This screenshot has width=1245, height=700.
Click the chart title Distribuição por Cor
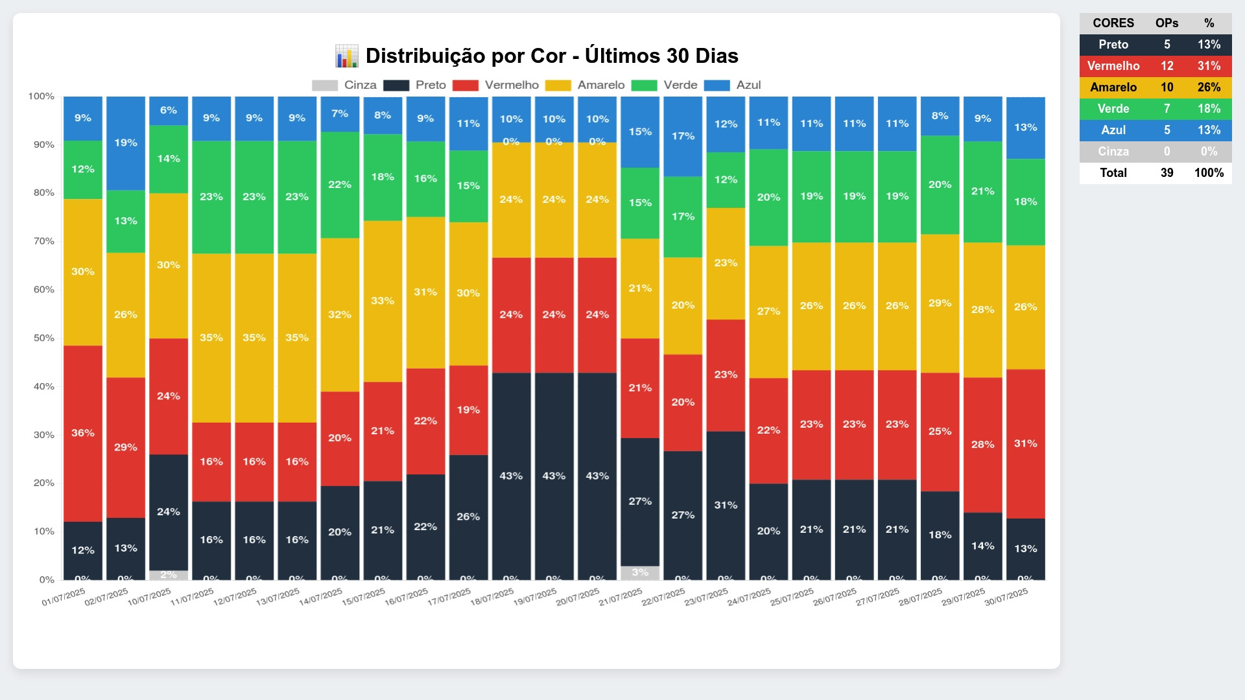tap(551, 56)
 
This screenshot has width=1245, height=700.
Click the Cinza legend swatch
tap(325, 86)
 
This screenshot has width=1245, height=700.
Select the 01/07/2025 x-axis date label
tap(64, 597)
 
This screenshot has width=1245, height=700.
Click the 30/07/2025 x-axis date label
tap(1006, 597)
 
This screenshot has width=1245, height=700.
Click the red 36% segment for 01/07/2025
tap(83, 433)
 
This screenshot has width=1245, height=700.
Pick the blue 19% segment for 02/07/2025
tap(126, 143)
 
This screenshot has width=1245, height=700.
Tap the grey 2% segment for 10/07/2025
tap(169, 575)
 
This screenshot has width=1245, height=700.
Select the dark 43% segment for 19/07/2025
tap(554, 476)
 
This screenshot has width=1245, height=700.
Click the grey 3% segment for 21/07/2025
tap(640, 573)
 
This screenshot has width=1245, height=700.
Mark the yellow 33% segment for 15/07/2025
tap(383, 301)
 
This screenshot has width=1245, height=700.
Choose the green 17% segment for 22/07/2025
tap(683, 216)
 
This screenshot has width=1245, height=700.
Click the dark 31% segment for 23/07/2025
tap(726, 505)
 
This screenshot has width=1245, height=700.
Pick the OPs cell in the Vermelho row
tap(1167, 66)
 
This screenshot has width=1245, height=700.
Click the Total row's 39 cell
tap(1167, 173)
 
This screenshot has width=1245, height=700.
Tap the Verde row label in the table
tap(1113, 109)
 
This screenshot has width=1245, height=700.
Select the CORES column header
tap(1113, 23)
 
